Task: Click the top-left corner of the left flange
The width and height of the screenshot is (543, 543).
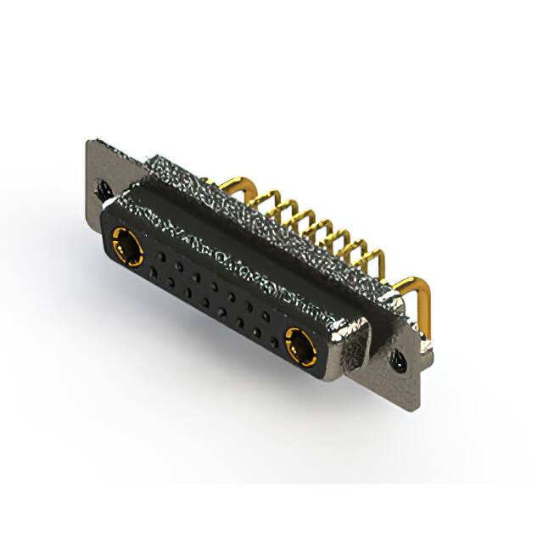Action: [89, 141]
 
